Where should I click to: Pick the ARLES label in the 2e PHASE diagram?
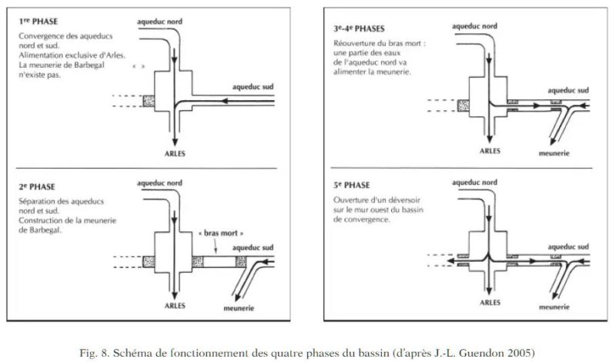click(176, 303)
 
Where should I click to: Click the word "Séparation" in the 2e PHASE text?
click(38, 202)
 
